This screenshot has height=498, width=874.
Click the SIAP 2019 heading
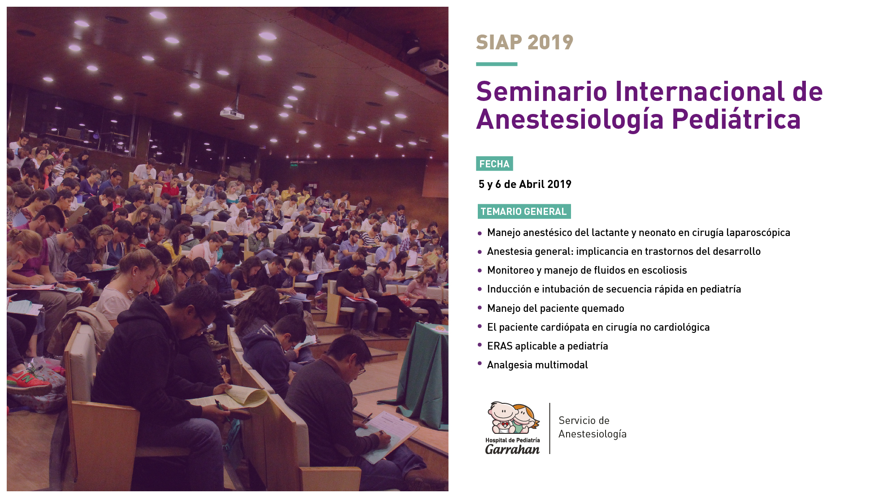pyautogui.click(x=524, y=43)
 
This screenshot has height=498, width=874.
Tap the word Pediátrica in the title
pyautogui.click(x=736, y=119)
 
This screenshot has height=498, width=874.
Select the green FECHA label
pyautogui.click(x=494, y=164)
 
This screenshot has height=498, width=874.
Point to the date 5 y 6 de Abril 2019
pyautogui.click(x=525, y=184)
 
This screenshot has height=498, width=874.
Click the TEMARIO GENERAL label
pyautogui.click(x=524, y=211)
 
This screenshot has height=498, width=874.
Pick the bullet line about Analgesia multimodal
pyautogui.click(x=537, y=365)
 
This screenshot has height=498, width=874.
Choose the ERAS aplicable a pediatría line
pyautogui.click(x=547, y=346)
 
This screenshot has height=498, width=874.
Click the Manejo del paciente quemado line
pyautogui.click(x=555, y=309)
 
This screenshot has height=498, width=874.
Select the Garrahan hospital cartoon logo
pyautogui.click(x=513, y=418)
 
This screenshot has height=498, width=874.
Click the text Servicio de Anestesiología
pyautogui.click(x=593, y=427)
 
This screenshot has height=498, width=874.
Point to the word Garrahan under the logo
pyautogui.click(x=512, y=449)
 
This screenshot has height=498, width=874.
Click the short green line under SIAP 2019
pyautogui.click(x=497, y=64)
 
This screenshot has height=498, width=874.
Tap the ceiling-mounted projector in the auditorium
pyautogui.click(x=232, y=114)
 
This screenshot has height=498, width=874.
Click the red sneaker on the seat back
pyautogui.click(x=28, y=381)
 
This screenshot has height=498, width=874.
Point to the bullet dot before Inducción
pyautogui.click(x=480, y=289)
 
